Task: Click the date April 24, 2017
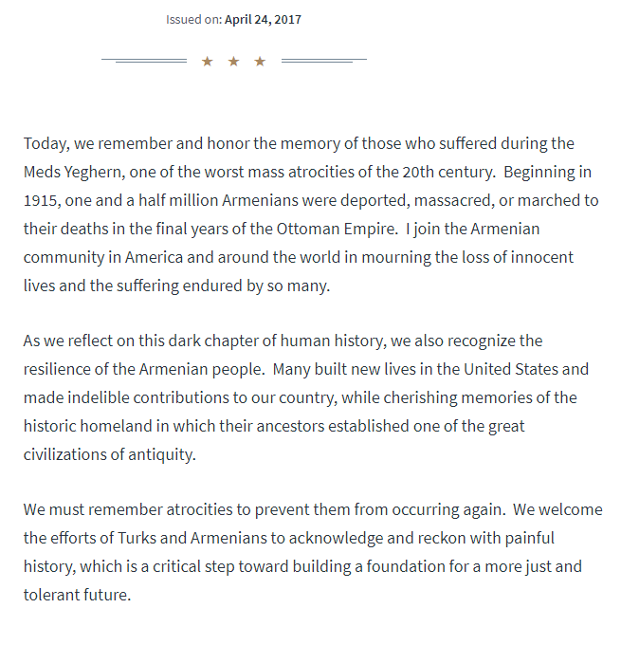coord(264,19)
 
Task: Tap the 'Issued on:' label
coord(194,19)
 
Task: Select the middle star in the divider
coord(233,62)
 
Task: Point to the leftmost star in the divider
coord(208,62)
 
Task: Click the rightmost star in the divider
coord(260,62)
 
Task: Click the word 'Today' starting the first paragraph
coord(45,143)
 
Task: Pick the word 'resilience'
coord(61,368)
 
